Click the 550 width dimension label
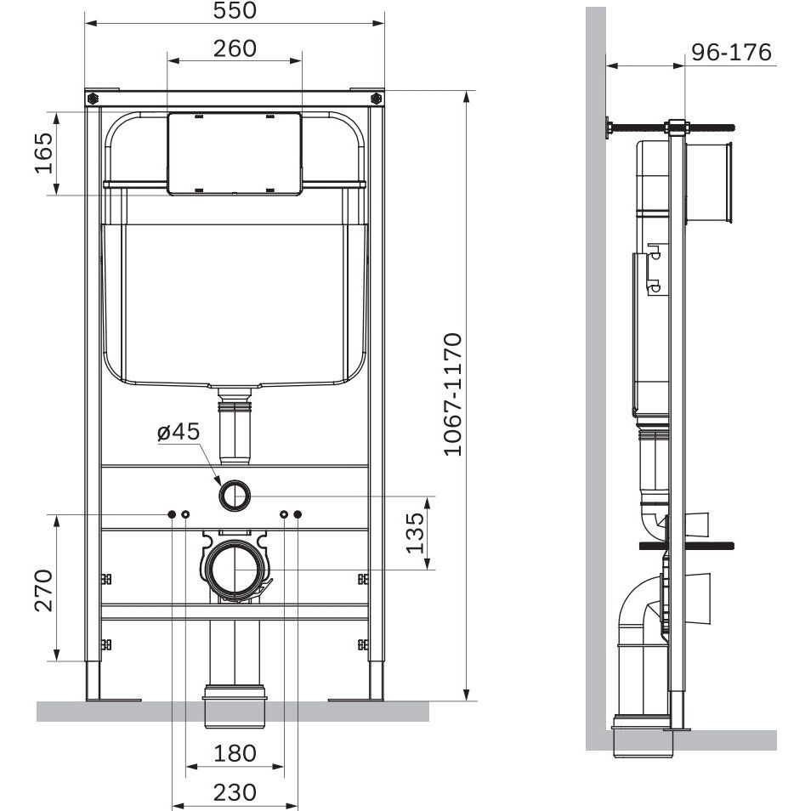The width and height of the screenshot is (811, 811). tap(235, 10)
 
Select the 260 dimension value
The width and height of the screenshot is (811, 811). tap(235, 48)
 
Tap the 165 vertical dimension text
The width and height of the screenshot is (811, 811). tap(44, 153)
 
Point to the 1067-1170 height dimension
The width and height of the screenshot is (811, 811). tap(453, 394)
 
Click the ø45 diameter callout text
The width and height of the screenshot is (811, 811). tap(179, 431)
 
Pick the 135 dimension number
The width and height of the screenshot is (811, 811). tap(416, 533)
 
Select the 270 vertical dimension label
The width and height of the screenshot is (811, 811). tap(44, 590)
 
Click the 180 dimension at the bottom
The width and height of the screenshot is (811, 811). tap(235, 753)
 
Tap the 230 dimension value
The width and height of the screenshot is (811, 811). tap(235, 792)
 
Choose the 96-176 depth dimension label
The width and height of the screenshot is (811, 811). tap(731, 52)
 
